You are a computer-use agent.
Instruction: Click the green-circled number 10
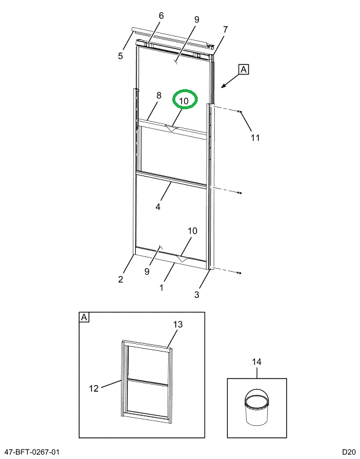point(184,101)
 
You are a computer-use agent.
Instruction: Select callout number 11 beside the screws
point(254,138)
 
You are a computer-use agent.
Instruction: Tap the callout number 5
point(120,56)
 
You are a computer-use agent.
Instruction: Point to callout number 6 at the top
point(161,15)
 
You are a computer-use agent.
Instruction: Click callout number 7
point(225,29)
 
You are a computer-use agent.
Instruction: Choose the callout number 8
point(158,95)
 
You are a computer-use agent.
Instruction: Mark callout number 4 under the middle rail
point(158,207)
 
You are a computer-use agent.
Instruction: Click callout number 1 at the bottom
point(161,287)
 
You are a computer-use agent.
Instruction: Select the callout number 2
point(120,279)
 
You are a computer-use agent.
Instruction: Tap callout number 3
point(197,294)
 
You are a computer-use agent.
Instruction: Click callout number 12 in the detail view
point(94,388)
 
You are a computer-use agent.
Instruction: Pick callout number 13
point(178,324)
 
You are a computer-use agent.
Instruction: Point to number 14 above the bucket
point(256,362)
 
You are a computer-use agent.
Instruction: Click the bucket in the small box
point(256,408)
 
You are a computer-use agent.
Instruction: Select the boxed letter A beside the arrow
point(244,69)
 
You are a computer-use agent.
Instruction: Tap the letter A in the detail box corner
point(84,317)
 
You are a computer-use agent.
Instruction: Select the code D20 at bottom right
point(348,452)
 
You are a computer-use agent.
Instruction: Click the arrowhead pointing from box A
point(223,87)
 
